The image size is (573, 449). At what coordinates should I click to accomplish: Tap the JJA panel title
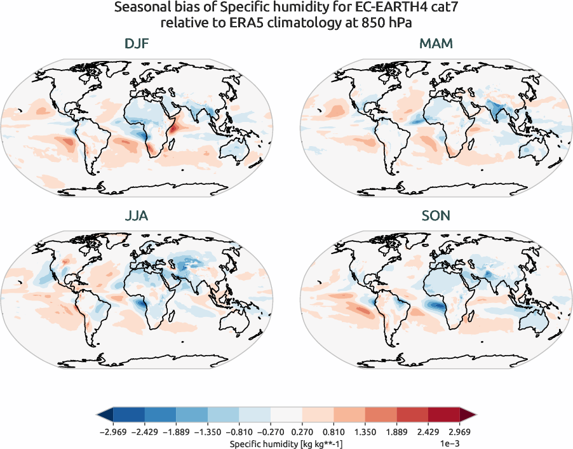(x=137, y=216)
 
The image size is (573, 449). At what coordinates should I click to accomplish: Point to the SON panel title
(x=436, y=216)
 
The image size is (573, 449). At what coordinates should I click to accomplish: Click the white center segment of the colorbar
(x=286, y=415)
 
